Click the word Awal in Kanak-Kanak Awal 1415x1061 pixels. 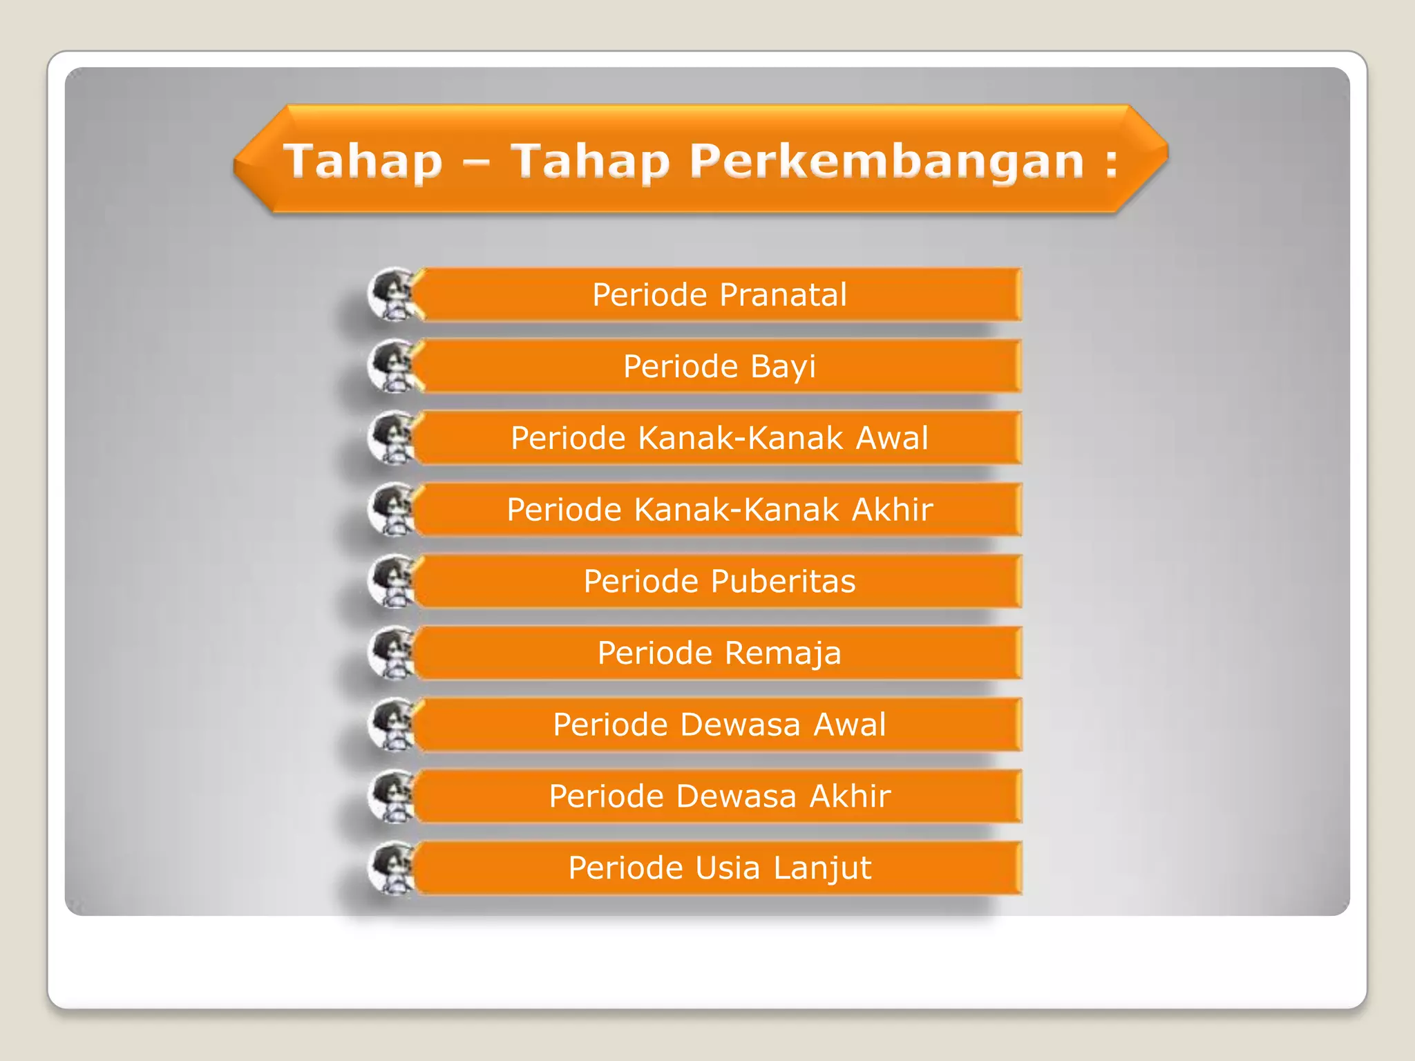pos(892,438)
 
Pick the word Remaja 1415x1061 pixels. pos(783,653)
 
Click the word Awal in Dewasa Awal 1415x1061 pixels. pos(849,725)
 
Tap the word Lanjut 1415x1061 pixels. pos(822,868)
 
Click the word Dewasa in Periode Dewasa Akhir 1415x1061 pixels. pos(736,796)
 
